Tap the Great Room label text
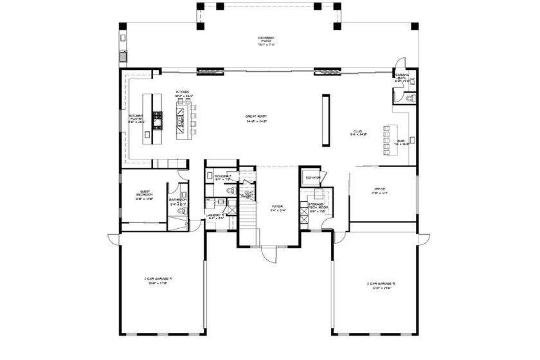(x=256, y=117)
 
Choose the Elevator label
(x=313, y=177)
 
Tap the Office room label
(x=379, y=190)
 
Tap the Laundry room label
(x=215, y=216)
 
